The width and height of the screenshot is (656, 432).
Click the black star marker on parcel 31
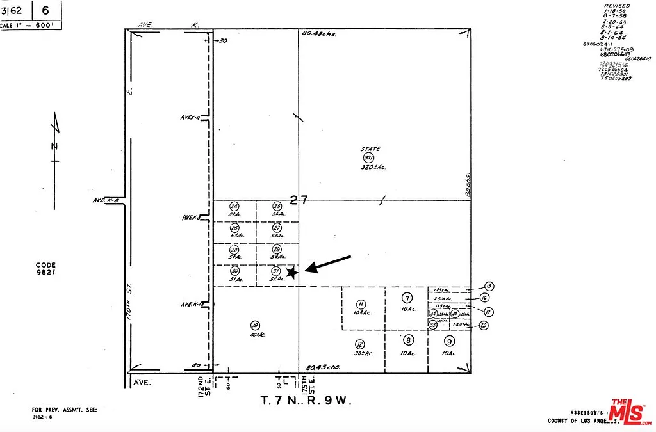click(x=291, y=273)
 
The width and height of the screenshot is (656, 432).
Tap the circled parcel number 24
click(x=234, y=206)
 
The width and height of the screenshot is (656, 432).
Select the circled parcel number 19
click(x=255, y=325)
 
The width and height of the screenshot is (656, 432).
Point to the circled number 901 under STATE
click(x=368, y=157)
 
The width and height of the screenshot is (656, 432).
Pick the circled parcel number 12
click(x=360, y=344)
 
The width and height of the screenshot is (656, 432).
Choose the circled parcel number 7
click(x=406, y=298)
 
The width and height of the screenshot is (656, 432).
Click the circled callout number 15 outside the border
click(x=489, y=286)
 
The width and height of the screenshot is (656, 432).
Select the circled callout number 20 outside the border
click(x=483, y=325)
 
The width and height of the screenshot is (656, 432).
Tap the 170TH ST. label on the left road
click(x=129, y=308)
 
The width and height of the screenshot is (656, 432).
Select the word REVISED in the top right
click(x=617, y=6)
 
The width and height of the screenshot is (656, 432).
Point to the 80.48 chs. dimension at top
click(x=320, y=33)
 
